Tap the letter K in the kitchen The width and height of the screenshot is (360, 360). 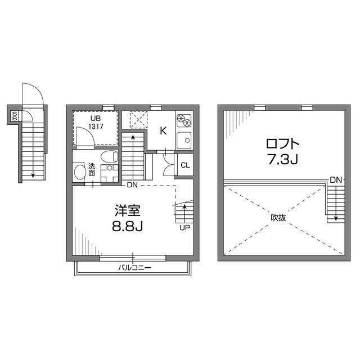[x=163, y=131]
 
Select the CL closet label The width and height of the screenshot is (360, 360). [x=184, y=165]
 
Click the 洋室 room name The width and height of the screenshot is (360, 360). [x=127, y=211]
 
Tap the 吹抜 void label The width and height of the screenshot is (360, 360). [x=278, y=215]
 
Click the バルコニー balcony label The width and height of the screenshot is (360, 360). [x=134, y=268]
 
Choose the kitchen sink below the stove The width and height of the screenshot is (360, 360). [x=183, y=140]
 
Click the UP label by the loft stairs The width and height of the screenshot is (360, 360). [x=183, y=228]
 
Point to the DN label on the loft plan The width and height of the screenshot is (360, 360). [x=336, y=180]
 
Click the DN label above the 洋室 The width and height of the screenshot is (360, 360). [x=132, y=185]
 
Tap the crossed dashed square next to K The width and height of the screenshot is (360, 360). [x=138, y=120]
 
